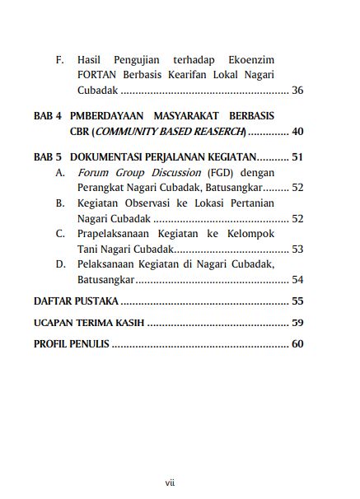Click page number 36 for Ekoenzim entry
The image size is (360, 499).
coord(297,90)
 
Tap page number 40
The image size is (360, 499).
coord(297,131)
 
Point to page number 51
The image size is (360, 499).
coord(297,157)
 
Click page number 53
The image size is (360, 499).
coord(297,249)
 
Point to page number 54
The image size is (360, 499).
coord(297,278)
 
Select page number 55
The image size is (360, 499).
coord(297,301)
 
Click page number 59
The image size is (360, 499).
coord(297,323)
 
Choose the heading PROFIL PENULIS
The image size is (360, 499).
coord(71,344)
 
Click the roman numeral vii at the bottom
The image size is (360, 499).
coord(170,482)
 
